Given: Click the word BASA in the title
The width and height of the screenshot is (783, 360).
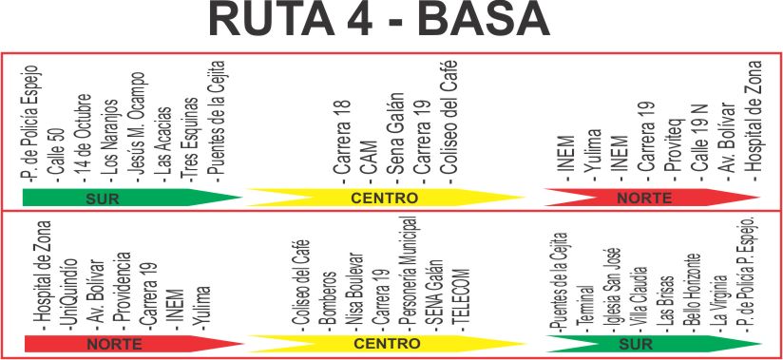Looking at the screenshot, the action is point(485,21).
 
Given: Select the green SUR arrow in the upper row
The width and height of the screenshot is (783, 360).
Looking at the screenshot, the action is point(132,198).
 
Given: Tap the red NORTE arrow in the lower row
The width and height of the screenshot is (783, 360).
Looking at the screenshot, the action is point(134,344).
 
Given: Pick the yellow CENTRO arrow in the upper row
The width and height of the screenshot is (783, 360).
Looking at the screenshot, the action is point(385,198).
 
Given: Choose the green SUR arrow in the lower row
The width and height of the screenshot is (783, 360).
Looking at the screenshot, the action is point(654,344).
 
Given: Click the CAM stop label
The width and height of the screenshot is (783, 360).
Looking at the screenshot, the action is point(370,161).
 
